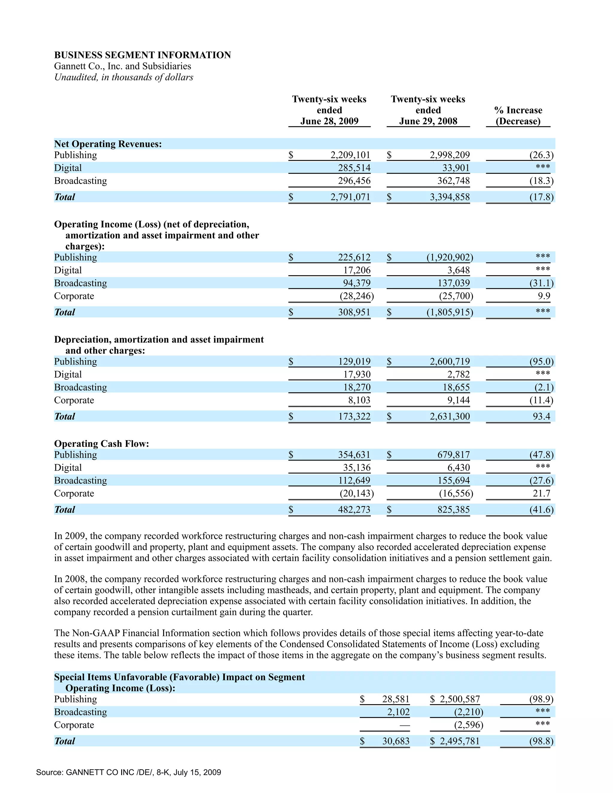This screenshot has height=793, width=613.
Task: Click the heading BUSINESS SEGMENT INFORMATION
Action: pos(142,55)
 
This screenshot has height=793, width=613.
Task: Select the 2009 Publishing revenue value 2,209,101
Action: pos(350,155)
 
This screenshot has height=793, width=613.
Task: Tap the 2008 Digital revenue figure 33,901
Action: pos(456,168)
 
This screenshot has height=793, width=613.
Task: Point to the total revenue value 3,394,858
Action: pos(450,197)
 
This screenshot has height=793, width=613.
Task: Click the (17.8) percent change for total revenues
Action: pos(541,197)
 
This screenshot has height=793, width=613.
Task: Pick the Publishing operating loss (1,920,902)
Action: pos(450,257)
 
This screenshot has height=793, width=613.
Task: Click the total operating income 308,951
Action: pos(354,312)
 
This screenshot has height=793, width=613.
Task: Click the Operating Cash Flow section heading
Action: pos(102,443)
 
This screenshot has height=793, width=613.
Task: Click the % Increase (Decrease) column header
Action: pos(518,116)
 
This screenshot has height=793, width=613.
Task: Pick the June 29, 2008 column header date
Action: pos(428,121)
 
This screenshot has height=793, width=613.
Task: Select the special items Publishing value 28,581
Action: pos(395,699)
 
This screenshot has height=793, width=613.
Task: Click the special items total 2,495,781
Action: pos(459,741)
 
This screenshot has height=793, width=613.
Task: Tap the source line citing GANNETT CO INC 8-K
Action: pos(128,772)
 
